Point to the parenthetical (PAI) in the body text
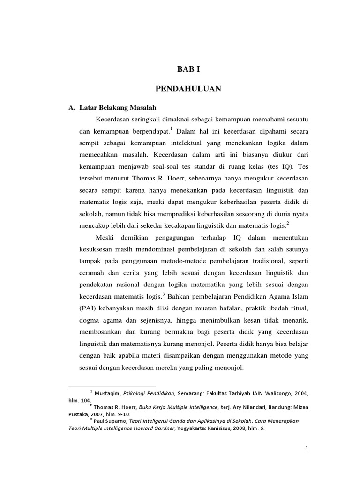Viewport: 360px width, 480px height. [x=86, y=307]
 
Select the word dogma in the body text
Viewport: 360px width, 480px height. [x=89, y=319]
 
